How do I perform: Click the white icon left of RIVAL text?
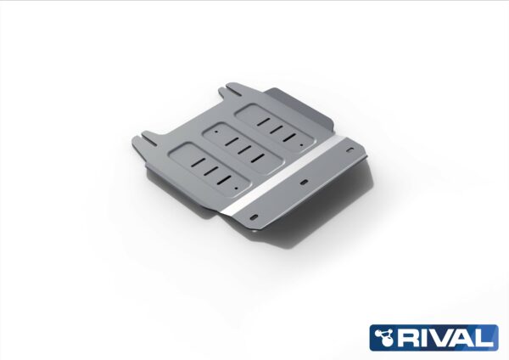(x=385, y=337)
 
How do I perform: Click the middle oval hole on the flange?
(x=305, y=182)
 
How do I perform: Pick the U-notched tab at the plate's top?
(x=232, y=90)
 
